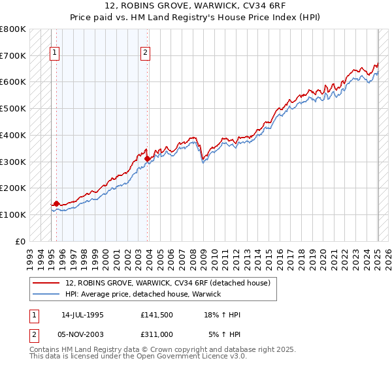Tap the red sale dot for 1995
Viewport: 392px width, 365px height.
point(56,203)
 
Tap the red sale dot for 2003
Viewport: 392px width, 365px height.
point(148,158)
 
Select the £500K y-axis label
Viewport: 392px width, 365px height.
point(13,109)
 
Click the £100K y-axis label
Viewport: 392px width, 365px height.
point(13,214)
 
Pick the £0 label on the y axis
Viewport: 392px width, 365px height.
point(21,241)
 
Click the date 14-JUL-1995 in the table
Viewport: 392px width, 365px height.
point(82,315)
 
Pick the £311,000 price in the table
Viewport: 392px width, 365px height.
point(157,334)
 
